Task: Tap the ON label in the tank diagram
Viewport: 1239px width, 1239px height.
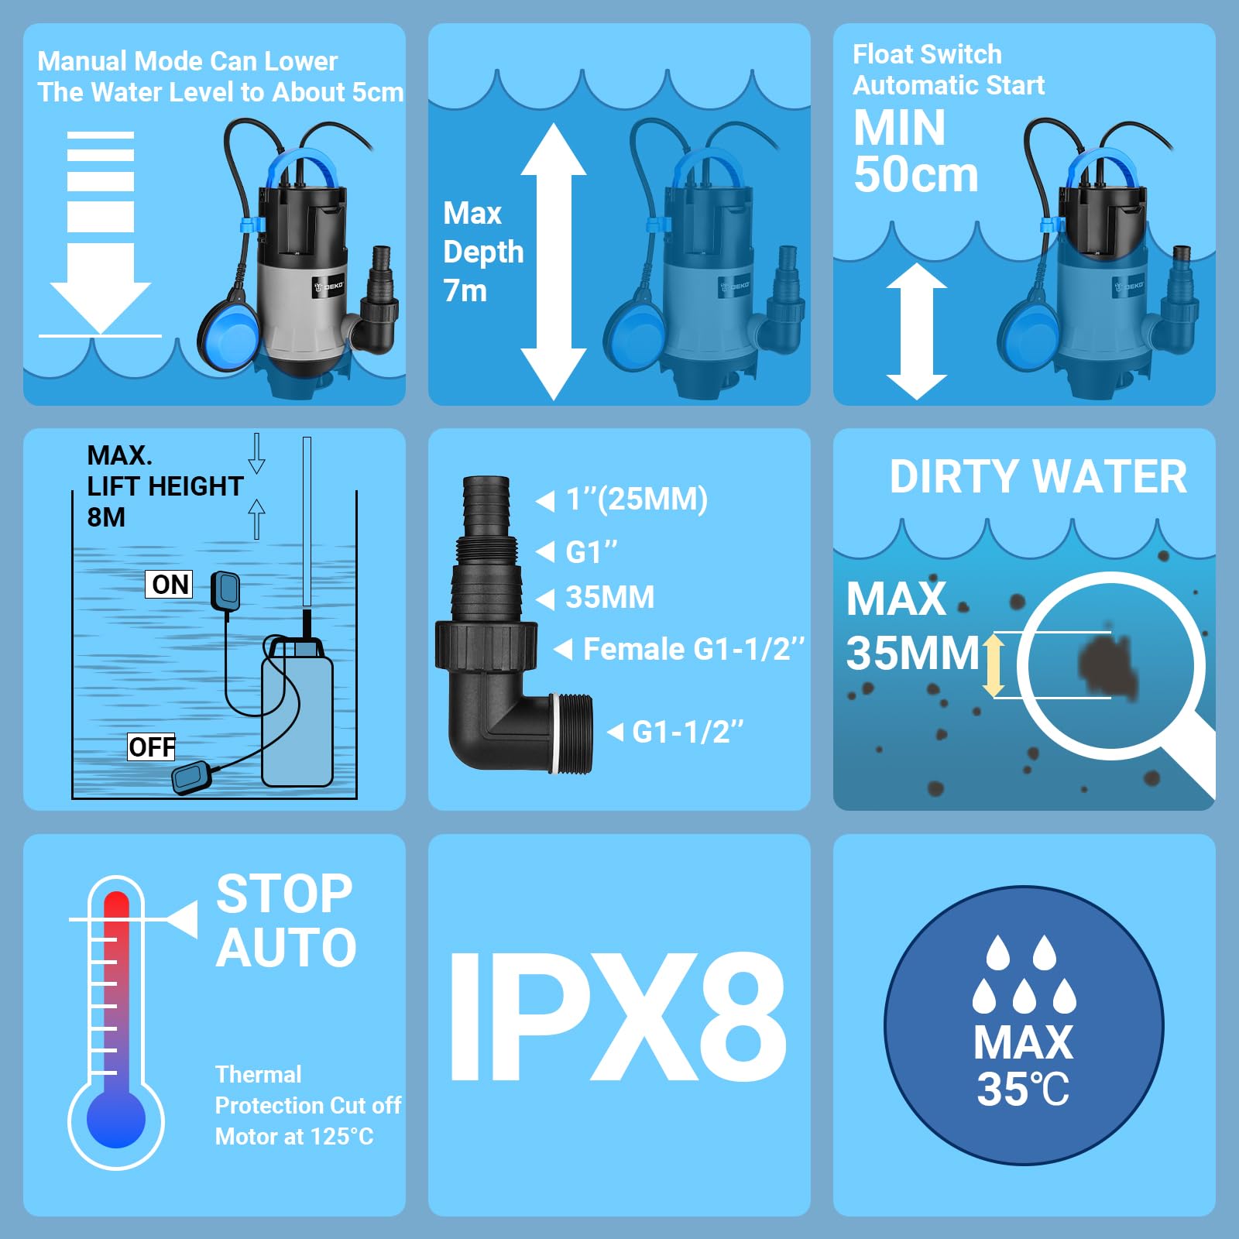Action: coord(170,585)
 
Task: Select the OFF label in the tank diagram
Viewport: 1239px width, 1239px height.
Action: coord(152,747)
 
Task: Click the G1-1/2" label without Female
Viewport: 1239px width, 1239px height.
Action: coord(687,732)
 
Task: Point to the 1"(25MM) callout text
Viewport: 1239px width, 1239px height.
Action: coord(636,499)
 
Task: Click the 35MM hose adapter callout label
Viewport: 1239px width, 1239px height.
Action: coord(609,598)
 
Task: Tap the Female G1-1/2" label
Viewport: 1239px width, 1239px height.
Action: coord(693,649)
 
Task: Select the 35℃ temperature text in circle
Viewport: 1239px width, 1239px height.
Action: coord(1023,1090)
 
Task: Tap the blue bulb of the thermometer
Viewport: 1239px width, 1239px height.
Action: coord(116,1119)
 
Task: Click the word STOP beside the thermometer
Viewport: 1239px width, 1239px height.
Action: coord(284,894)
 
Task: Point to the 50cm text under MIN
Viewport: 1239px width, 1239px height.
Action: coord(916,175)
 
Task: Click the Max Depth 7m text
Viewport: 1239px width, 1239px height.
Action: coord(482,252)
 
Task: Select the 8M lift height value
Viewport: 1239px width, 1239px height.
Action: coord(106,517)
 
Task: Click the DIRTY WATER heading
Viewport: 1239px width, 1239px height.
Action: coord(1038,477)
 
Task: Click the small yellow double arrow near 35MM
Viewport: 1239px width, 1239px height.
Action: coord(994,665)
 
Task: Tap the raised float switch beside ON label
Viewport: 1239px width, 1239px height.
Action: coord(226,590)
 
